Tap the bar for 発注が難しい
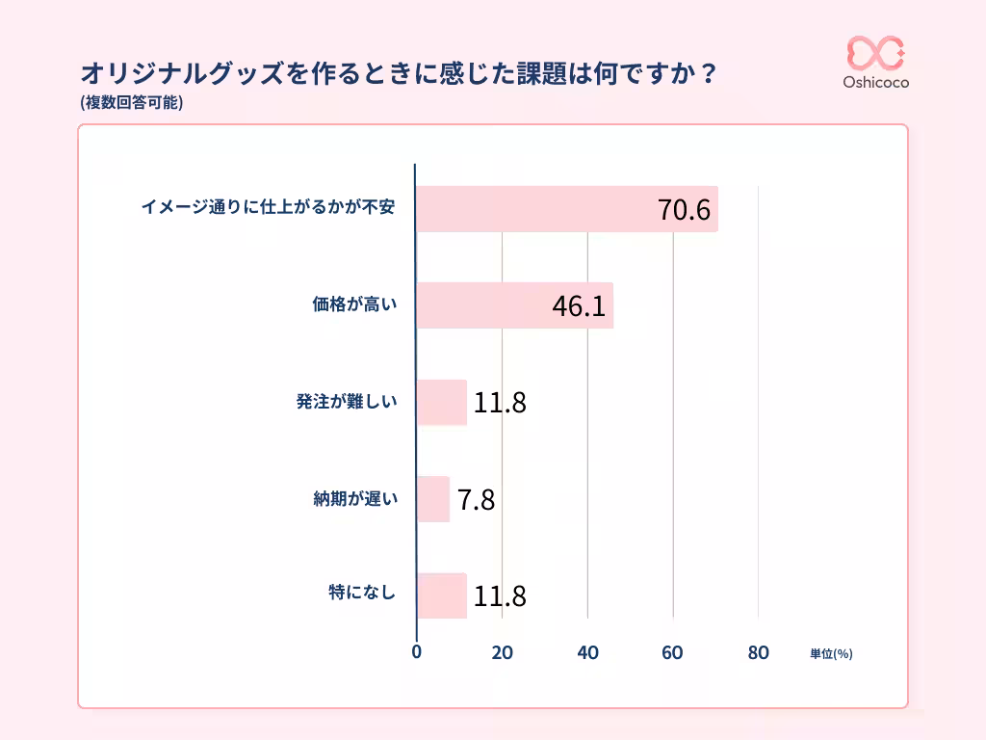pos(441,403)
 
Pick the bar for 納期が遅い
pos(433,499)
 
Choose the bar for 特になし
pos(441,596)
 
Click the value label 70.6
pos(684,210)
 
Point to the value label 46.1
pos(579,306)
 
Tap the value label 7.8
pos(476,500)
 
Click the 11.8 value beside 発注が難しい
pos(500,403)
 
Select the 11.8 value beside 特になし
pos(500,596)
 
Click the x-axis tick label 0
pos(416,652)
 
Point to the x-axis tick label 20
pos(502,652)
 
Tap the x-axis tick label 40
pos(587,652)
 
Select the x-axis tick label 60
pos(672,652)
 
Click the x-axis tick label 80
pos(758,652)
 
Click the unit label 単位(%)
pos(831,653)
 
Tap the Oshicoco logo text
pos(875,83)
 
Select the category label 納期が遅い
pos(354,499)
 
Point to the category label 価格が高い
pos(354,305)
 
